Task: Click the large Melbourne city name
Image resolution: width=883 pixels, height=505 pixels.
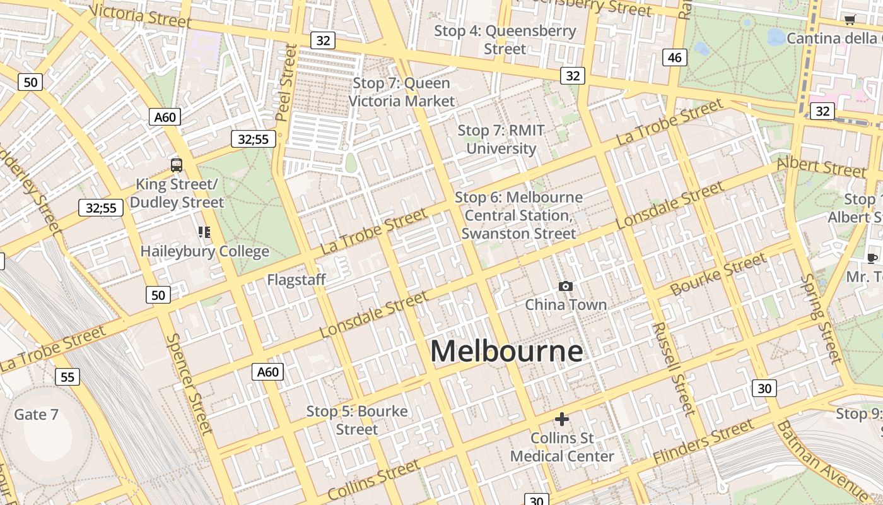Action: (506, 351)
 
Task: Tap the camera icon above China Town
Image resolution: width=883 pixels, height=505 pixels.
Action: (566, 287)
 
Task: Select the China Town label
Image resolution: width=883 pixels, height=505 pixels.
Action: (566, 305)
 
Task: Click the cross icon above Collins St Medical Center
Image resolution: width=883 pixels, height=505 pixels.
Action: (561, 419)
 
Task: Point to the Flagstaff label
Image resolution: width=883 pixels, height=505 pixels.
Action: (296, 280)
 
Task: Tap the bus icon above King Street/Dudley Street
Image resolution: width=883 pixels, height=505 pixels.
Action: (177, 165)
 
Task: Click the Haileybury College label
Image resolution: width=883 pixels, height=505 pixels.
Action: (204, 251)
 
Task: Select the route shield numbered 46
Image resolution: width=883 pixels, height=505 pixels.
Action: (674, 58)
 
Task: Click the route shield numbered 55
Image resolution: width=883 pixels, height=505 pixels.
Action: (67, 377)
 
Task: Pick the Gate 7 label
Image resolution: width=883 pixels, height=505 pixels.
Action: (36, 415)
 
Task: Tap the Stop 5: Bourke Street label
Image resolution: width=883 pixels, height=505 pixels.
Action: (357, 420)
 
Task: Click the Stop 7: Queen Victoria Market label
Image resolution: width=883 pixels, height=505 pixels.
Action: (402, 92)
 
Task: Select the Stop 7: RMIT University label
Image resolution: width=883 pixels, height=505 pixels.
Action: (501, 140)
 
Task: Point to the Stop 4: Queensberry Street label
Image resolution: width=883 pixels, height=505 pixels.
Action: (505, 40)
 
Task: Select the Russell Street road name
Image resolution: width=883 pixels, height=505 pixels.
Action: (673, 369)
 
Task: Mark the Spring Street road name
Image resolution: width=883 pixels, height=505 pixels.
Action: (822, 319)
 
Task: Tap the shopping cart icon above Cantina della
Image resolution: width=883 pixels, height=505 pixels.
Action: (850, 20)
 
